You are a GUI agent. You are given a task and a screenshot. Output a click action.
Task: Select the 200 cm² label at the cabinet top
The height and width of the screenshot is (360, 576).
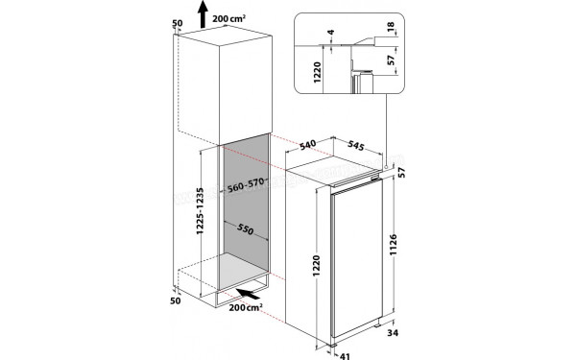[236, 19]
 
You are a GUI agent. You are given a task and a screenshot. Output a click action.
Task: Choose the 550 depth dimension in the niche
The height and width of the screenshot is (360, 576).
[245, 231]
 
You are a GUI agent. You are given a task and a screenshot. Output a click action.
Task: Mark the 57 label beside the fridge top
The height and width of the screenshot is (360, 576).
[413, 174]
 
